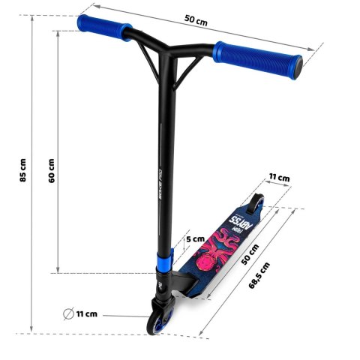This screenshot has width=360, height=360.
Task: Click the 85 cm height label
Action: pyautogui.click(x=23, y=171)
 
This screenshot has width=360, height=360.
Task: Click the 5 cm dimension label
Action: pyautogui.click(x=195, y=238)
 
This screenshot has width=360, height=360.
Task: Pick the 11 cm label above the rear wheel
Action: pyautogui.click(x=279, y=178)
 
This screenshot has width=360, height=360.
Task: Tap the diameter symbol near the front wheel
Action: pyautogui.click(x=69, y=313)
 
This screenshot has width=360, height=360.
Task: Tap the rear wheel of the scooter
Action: pyautogui.click(x=257, y=203)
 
